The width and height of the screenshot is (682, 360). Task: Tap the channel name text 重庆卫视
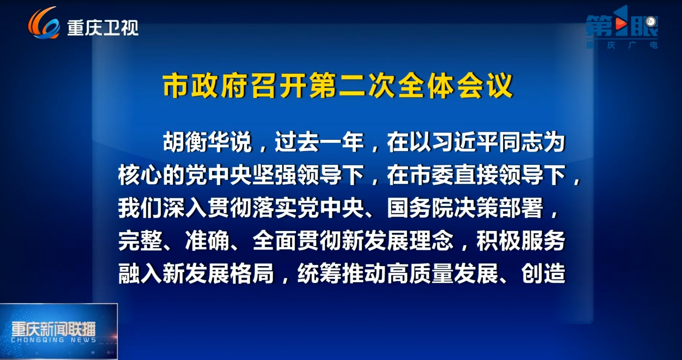click(103, 28)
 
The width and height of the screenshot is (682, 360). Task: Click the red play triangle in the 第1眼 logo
click(621, 24)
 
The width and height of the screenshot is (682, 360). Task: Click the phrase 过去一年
click(319, 142)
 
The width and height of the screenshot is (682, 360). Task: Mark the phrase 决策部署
click(499, 208)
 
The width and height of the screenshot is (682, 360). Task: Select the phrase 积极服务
click(521, 241)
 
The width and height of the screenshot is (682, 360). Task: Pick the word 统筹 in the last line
click(319, 273)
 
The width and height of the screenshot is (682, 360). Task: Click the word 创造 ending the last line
click(543, 273)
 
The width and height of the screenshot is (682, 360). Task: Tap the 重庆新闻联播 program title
click(54, 329)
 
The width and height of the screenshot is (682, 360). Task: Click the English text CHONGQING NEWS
click(54, 340)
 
